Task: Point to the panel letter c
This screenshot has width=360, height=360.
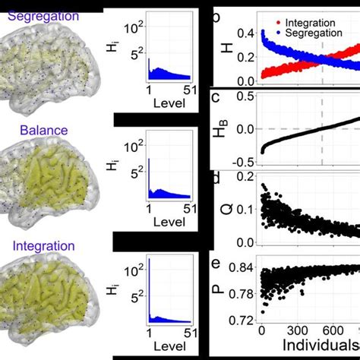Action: tap(216, 96)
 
